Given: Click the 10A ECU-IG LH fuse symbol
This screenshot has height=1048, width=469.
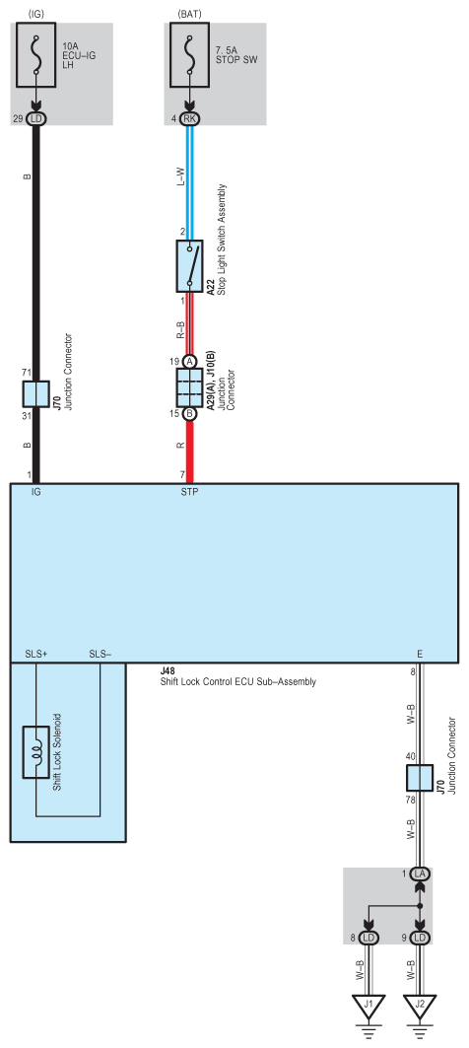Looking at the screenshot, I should click(x=36, y=58).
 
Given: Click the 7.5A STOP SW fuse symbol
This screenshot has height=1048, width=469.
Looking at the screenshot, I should click(x=189, y=58).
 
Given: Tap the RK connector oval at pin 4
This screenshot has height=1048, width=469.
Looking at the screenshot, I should click(x=189, y=118).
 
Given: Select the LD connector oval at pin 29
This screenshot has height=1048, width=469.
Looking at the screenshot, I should click(x=36, y=118).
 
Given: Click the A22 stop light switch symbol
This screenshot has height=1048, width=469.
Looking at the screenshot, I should click(x=189, y=265).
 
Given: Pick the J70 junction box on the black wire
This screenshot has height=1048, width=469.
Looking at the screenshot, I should click(x=36, y=394).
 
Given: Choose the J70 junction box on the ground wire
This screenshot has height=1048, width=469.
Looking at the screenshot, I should click(x=421, y=749).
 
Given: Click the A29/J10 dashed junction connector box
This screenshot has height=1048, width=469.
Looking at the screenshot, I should click(x=189, y=387).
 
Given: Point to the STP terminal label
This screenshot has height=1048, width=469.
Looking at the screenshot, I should click(x=189, y=492).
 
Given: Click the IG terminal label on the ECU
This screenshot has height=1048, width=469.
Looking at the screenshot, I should click(x=36, y=492).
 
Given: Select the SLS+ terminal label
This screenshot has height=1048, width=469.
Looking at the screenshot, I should click(x=35, y=654).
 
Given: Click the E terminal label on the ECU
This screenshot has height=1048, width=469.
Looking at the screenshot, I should click(x=421, y=654).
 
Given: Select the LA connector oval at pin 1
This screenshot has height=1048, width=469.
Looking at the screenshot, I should click(x=421, y=873).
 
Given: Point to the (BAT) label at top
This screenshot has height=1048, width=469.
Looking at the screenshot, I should click(x=189, y=12).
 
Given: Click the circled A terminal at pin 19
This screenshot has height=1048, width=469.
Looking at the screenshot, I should click(x=189, y=361).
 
